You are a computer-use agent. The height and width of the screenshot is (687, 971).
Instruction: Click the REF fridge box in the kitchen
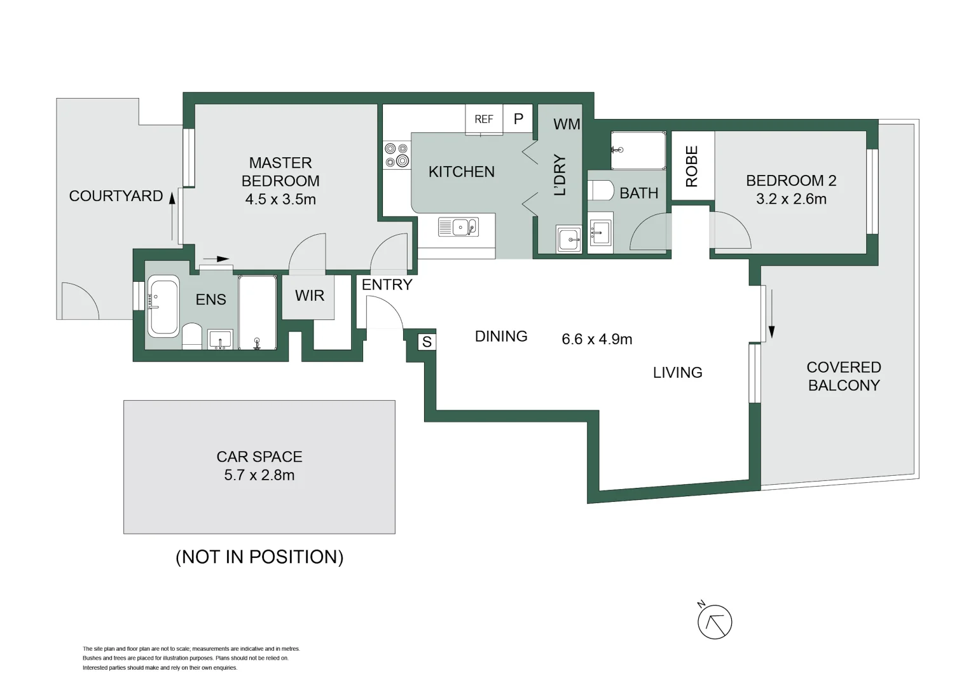pos(484,119)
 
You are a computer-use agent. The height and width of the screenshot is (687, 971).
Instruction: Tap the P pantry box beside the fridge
pos(518,119)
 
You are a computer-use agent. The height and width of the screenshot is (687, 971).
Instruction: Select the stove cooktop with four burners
pos(397,155)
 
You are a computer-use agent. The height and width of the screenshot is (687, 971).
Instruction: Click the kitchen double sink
pos(458,226)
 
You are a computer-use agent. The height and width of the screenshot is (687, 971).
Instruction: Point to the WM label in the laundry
pos(566,125)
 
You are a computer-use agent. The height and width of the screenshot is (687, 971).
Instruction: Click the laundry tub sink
pos(568,239)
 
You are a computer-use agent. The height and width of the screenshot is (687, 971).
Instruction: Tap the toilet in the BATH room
pos(600,190)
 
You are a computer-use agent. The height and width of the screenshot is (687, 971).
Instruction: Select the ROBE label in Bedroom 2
pos(692,166)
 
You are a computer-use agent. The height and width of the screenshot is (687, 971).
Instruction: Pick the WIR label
pos(309,296)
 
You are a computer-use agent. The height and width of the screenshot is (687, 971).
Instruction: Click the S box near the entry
pos(427,342)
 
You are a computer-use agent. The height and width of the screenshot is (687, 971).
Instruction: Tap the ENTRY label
pos(387,285)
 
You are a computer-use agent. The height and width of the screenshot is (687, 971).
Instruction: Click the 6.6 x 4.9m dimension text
pos(596,340)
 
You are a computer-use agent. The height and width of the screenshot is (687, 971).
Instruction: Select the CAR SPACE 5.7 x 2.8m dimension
pos(259,475)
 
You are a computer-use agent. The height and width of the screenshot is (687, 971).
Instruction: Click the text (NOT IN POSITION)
pos(259,557)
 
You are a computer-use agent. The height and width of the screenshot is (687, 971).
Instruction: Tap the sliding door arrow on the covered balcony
pos(771,314)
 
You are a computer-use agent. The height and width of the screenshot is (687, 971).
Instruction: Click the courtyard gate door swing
pos(79,300)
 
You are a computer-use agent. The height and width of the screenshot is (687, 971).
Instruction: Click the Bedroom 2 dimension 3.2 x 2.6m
pos(791,199)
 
